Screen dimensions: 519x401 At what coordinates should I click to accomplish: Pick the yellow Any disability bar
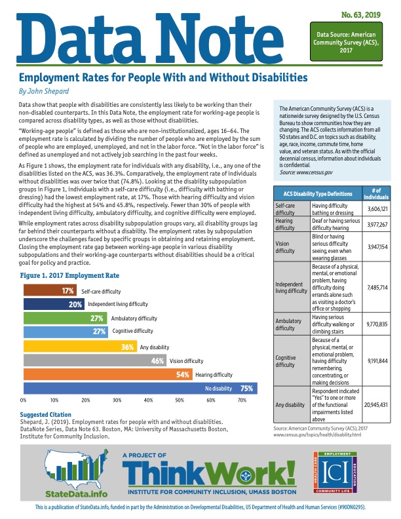[x=79, y=347]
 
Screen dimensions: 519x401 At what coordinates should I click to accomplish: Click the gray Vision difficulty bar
[x=95, y=360]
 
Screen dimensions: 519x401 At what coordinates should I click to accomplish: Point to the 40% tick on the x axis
[x=149, y=399]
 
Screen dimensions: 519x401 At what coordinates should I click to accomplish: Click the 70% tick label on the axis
[x=242, y=399]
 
